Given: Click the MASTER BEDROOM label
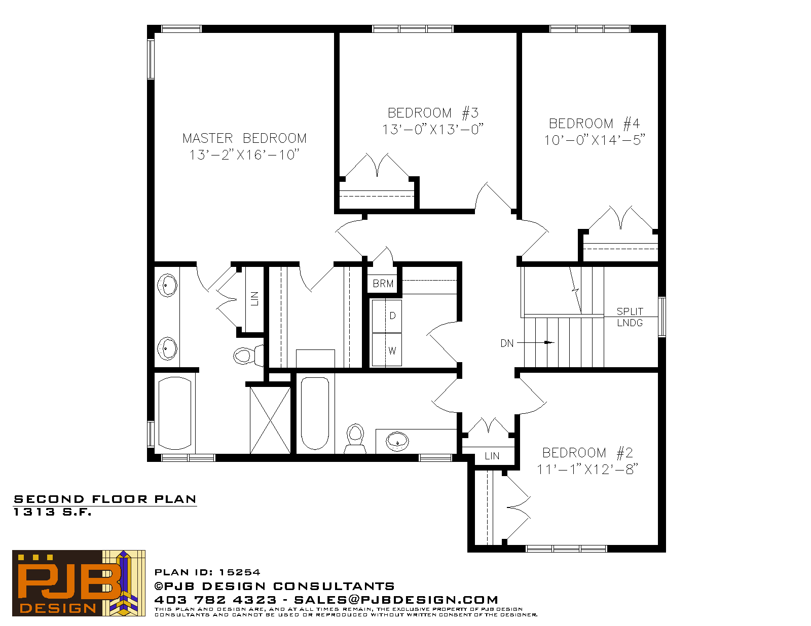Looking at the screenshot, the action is coord(244,138).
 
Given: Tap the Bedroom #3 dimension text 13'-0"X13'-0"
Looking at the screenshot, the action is coord(432,129).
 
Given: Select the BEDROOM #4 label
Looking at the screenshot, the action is coord(594,124).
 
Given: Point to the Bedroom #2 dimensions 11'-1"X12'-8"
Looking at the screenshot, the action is coord(587,469).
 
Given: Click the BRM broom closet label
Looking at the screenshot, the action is coord(383,284).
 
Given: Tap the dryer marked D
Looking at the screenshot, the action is coord(387,316).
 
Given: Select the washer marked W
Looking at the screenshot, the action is coord(387,350).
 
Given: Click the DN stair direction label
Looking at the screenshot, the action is coord(507,343).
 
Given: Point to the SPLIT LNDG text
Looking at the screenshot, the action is coord(630,317).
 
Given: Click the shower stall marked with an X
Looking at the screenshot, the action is coord(270,420).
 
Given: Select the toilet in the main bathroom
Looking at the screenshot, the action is coord(355,439).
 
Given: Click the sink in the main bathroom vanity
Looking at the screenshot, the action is coord(397,442).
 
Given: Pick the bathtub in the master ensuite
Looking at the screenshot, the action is coord(175,413).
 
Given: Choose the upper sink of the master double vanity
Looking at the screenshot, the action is coord(167,285).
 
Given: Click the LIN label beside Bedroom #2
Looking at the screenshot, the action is coord(492,456).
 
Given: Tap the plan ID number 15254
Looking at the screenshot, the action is coord(240,572).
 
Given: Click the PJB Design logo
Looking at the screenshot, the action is coord(79,582).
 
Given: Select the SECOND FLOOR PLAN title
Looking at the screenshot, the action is coord(105,499).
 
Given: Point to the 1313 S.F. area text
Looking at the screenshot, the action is coord(53,512).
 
